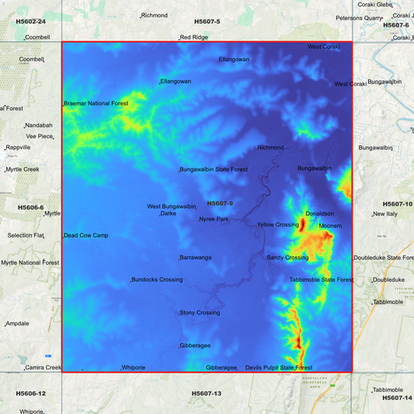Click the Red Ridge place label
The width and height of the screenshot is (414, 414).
coord(194,37)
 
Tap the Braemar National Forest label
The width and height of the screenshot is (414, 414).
coord(96,103)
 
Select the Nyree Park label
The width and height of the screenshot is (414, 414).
coord(214,219)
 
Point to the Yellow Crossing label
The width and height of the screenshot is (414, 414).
coord(277,224)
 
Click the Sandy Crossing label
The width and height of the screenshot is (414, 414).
coord(287,257)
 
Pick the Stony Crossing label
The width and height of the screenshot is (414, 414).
coord(200,312)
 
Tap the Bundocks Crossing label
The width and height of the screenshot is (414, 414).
coord(157,280)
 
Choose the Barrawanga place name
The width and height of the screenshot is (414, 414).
coord(196,257)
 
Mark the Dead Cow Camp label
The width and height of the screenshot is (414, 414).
coord(85,235)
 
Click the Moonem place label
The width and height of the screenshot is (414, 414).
coord(331,226)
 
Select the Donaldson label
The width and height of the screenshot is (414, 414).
coord(320,213)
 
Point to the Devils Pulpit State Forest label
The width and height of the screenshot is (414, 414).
coord(279,367)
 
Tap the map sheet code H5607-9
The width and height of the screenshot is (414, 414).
coord(220,204)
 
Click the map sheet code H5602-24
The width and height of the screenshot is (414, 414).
coord(30,22)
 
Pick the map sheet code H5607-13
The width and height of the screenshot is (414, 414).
coord(207,394)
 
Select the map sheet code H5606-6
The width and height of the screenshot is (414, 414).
coord(30,207)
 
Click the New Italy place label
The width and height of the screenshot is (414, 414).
coord(385,214)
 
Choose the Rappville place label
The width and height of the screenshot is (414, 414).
coord(18,147)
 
